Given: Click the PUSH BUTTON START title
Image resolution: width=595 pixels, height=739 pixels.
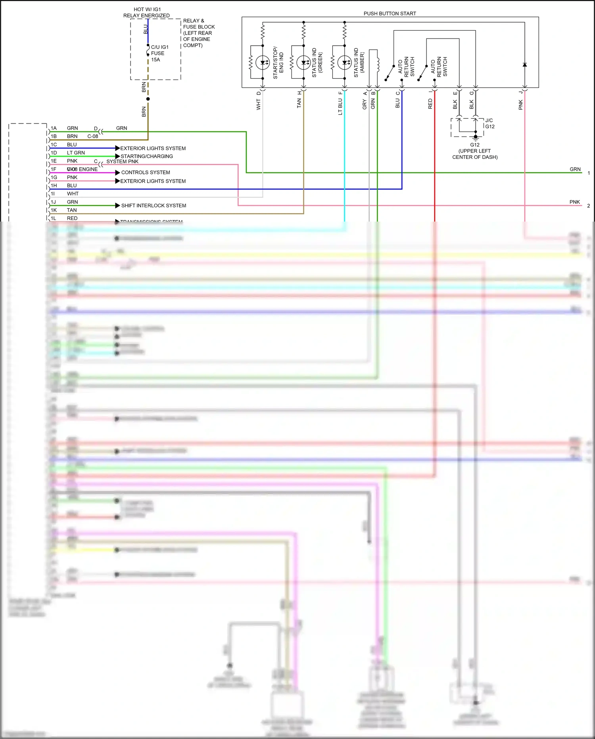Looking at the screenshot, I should click(x=390, y=14).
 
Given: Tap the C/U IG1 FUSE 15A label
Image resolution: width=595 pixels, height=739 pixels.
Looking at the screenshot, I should click(x=159, y=53).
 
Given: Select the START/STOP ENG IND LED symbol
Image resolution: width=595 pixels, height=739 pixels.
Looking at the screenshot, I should click(x=263, y=63).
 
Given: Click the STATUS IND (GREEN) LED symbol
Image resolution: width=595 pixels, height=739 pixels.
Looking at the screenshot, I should click(x=303, y=63).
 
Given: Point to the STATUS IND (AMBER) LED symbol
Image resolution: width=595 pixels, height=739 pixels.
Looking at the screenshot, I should click(x=344, y=63).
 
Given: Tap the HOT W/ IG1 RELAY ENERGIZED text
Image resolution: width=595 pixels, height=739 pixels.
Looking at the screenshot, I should click(x=147, y=12).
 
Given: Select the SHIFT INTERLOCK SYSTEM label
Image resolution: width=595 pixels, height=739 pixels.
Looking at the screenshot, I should click(x=154, y=206).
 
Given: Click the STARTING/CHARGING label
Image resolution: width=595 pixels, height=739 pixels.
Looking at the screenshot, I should click(x=147, y=156).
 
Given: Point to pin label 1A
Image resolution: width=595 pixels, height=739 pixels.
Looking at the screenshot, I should click(x=54, y=128).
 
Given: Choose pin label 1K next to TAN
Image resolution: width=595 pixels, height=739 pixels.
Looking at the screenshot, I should click(x=54, y=210).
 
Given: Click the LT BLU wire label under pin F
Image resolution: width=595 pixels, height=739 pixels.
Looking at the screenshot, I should click(x=340, y=107).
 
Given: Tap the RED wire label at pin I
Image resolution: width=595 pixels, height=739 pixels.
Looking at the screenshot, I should click(x=430, y=104).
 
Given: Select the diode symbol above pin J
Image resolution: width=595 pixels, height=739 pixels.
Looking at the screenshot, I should click(x=524, y=65).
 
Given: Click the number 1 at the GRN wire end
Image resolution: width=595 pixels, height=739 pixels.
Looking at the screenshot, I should click(x=589, y=173).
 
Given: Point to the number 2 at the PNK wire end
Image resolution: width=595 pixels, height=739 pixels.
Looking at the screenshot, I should click(x=589, y=206).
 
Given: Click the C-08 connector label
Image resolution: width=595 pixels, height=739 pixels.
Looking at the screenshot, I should click(x=92, y=136).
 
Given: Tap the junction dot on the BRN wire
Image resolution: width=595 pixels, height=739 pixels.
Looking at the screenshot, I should click(x=148, y=99).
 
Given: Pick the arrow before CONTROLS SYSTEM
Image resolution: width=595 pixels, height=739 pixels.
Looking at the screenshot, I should click(x=117, y=173).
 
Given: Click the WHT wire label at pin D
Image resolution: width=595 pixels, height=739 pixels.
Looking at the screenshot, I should click(x=259, y=105).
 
